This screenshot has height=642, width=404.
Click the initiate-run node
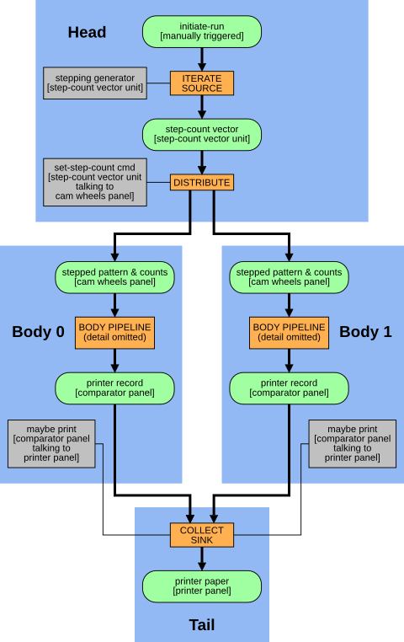coord(202,31)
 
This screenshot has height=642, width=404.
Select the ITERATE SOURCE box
coord(202,83)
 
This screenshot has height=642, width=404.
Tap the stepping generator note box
coord(95,83)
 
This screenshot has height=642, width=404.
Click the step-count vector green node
coord(202,135)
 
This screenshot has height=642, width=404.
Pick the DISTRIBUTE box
coord(202,182)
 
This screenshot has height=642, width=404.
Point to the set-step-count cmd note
coord(95,182)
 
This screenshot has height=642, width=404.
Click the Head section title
coord(87,32)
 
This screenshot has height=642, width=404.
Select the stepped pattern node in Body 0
coord(114,277)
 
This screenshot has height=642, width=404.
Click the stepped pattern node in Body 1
coord(289,277)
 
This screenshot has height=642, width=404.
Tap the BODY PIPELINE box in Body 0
coord(114,333)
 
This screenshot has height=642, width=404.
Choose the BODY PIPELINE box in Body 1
coord(289,333)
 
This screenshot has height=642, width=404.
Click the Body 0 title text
coord(38,332)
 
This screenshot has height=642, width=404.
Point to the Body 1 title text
coord(365,332)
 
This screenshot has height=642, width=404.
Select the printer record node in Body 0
coord(114,388)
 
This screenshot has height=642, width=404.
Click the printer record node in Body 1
coord(289,388)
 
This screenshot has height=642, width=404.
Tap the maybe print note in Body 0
coord(51,444)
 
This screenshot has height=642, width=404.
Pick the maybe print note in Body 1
coord(352,444)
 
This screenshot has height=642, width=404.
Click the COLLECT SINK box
coord(202,535)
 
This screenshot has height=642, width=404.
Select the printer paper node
coord(202,586)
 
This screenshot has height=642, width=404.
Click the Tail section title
coord(202,625)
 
